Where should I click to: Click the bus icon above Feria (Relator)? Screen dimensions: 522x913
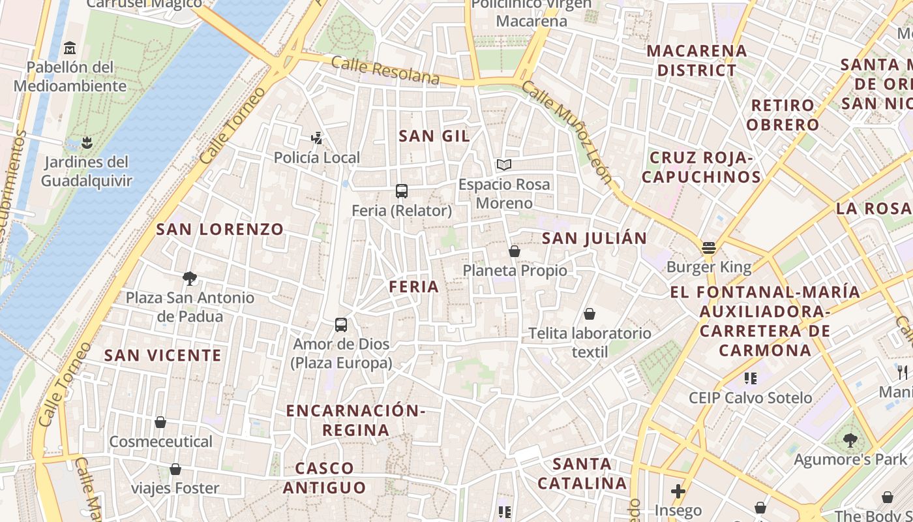tap(402, 191)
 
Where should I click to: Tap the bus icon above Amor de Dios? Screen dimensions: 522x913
tap(340, 324)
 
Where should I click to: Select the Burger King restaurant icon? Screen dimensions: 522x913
tap(709, 248)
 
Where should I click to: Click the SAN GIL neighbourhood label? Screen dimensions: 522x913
tap(434, 136)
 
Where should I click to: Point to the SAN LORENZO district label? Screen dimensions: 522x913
tap(220, 229)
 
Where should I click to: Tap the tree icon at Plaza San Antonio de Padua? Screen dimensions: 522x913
tap(190, 279)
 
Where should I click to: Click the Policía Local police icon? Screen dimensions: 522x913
tap(317, 138)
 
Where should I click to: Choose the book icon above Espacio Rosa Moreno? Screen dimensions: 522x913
tap(503, 164)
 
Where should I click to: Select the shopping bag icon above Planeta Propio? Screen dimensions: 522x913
tap(515, 251)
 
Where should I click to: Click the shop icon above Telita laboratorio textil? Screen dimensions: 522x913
tap(590, 314)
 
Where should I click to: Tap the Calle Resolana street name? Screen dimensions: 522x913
tap(385, 70)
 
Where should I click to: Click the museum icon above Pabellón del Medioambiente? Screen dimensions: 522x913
tap(70, 48)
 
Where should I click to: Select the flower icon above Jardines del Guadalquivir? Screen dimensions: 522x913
tap(86, 142)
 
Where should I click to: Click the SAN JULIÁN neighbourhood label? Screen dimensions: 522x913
tap(594, 238)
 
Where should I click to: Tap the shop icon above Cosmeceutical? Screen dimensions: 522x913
tap(160, 422)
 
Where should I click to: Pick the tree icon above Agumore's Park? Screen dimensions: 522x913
tap(850, 440)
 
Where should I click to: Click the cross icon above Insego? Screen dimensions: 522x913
tap(678, 491)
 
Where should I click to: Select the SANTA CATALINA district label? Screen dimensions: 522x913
tap(582, 474)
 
